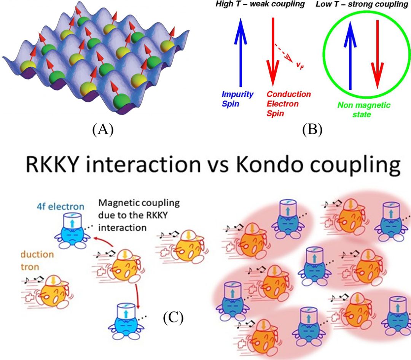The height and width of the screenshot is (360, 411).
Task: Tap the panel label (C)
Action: click(173, 317)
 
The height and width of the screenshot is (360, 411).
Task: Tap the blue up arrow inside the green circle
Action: click(350, 57)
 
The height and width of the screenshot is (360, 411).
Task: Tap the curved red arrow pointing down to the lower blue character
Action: click(137, 289)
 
